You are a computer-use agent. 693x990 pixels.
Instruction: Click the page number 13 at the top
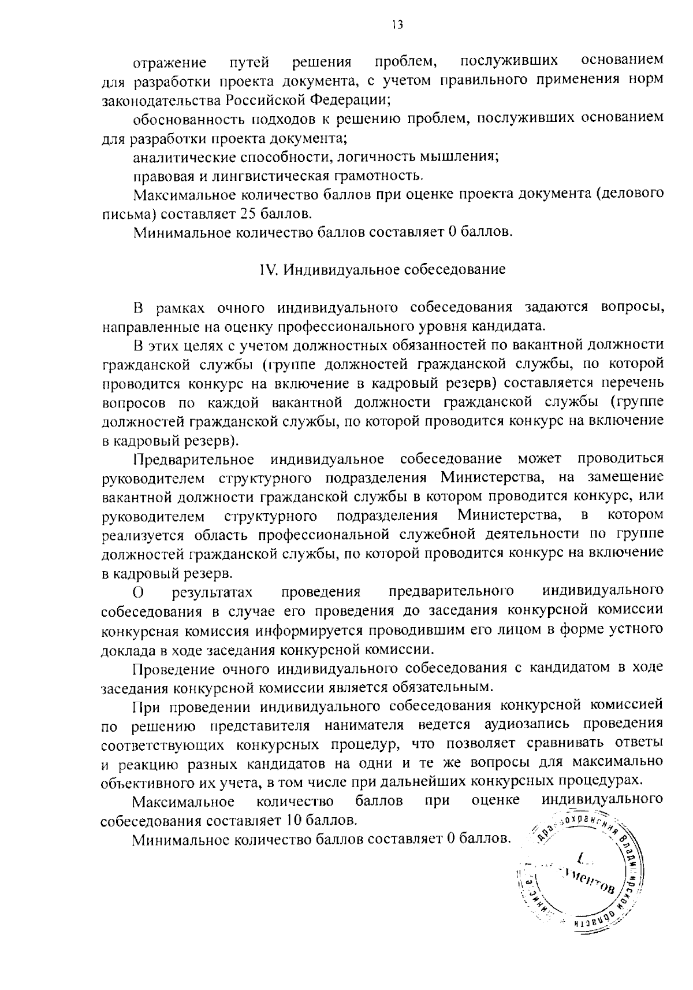click(x=396, y=24)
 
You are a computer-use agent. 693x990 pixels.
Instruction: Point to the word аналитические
click(x=183, y=157)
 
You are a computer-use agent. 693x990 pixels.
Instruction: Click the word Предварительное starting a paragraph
click(x=193, y=459)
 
